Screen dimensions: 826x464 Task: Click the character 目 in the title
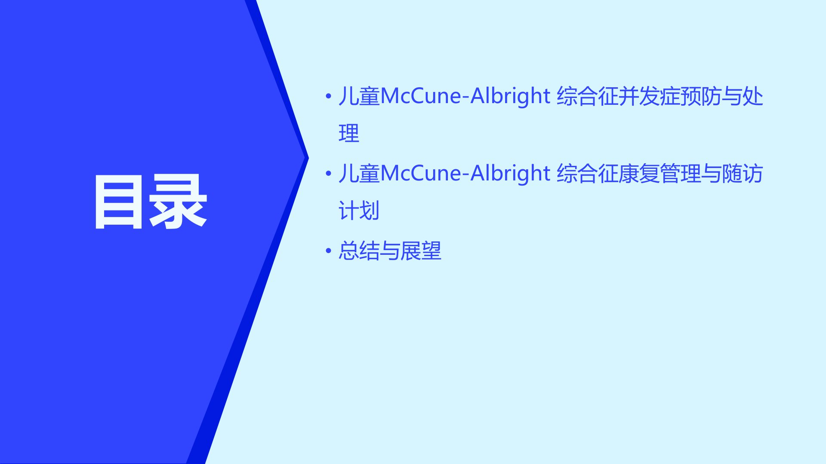click(119, 202)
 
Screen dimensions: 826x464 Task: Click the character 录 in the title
click(178, 202)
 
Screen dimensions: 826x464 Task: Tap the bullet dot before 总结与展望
click(329, 250)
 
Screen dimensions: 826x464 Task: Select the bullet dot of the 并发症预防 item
click(329, 96)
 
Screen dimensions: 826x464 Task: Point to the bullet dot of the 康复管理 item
click(329, 173)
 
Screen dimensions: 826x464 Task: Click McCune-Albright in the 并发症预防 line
click(465, 96)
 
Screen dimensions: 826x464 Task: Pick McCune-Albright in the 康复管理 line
click(465, 173)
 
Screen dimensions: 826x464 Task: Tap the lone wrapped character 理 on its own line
click(349, 134)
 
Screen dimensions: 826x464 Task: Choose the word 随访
click(743, 174)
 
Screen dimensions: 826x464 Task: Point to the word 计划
click(359, 211)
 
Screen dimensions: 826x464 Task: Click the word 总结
click(359, 250)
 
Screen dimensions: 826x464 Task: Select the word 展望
click(421, 250)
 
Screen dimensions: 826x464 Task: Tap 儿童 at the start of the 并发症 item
click(359, 96)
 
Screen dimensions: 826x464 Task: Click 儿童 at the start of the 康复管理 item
click(359, 174)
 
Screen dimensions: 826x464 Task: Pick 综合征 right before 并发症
click(588, 96)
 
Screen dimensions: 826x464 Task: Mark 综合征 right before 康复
click(588, 174)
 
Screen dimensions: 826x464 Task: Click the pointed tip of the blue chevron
click(308, 158)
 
